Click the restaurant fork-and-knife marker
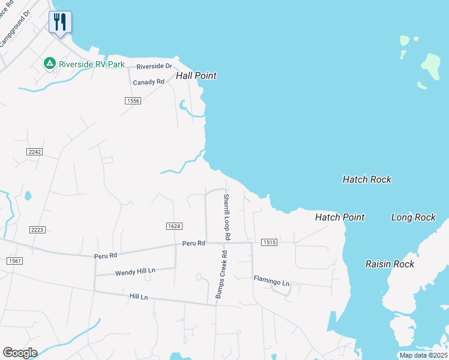pyautogui.click(x=60, y=22)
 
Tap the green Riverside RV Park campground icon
pyautogui.click(x=49, y=62)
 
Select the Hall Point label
pyautogui.click(x=196, y=76)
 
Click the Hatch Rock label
pyautogui.click(x=367, y=179)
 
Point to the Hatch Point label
pyautogui.click(x=340, y=217)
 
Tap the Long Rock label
pyautogui.click(x=413, y=217)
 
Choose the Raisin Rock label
pyautogui.click(x=390, y=264)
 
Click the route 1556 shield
pyautogui.click(x=133, y=101)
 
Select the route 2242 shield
pyautogui.click(x=35, y=152)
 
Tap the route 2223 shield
pyautogui.click(x=37, y=229)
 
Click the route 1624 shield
pyautogui.click(x=174, y=226)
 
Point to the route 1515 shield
pyautogui.click(x=269, y=242)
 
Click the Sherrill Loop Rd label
pyautogui.click(x=226, y=217)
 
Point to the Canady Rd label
pyautogui.click(x=149, y=82)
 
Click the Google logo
pyautogui.click(x=20, y=353)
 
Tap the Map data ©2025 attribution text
pyautogui.click(x=423, y=355)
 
